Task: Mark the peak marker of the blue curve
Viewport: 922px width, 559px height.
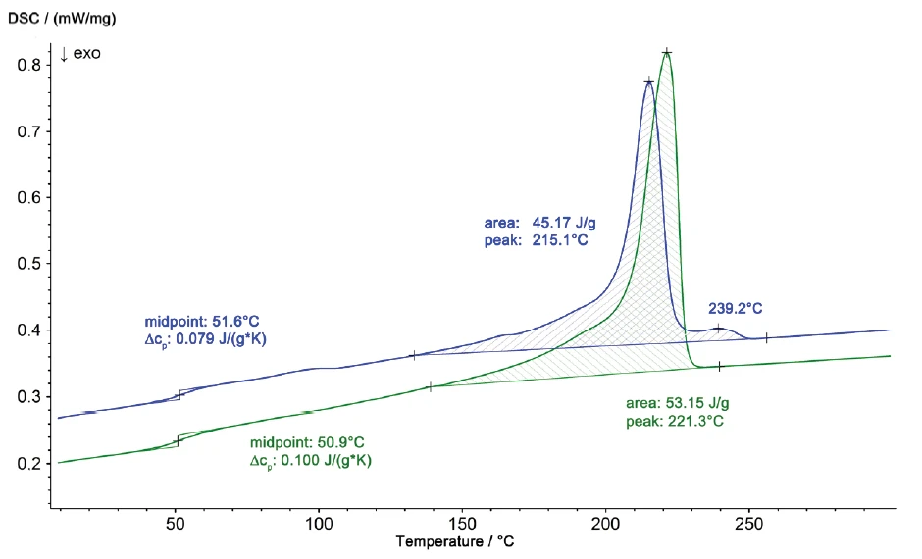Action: coord(648,82)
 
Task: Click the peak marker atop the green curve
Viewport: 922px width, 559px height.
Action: coord(667,52)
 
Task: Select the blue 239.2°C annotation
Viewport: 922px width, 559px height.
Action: coord(736,308)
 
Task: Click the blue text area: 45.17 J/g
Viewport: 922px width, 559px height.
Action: coord(539,223)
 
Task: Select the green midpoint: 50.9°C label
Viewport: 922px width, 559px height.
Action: coord(307,442)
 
